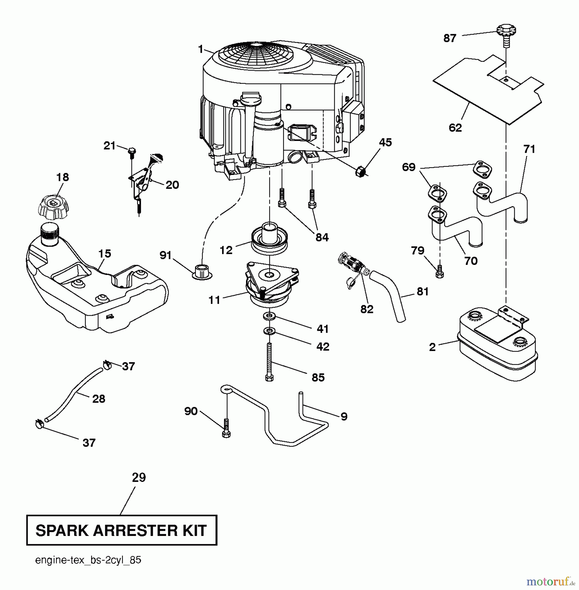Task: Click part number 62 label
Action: click(455, 128)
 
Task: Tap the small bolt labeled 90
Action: click(226, 428)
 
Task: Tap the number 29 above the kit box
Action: click(139, 478)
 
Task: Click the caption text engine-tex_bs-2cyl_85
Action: click(88, 560)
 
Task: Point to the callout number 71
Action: click(529, 149)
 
